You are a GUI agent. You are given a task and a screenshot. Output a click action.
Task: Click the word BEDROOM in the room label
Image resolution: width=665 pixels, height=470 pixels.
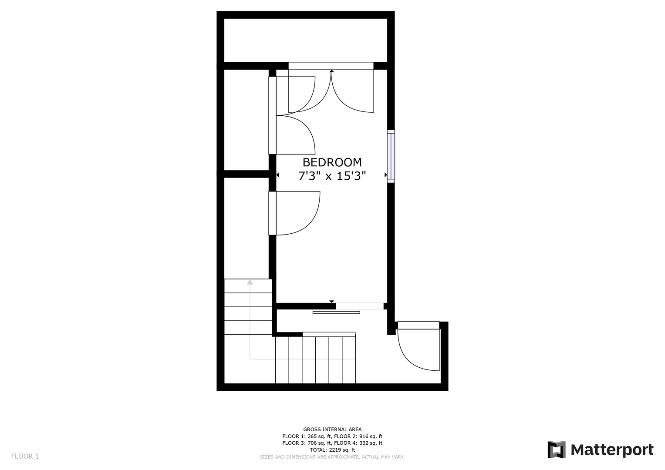[332, 163]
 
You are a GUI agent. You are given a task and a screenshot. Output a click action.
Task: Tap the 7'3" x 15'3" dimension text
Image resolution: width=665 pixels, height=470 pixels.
[332, 176]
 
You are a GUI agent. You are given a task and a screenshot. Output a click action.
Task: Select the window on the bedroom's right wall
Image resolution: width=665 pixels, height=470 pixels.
[391, 156]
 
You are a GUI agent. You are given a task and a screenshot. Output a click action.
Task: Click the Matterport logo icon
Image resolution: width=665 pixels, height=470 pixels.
[556, 450]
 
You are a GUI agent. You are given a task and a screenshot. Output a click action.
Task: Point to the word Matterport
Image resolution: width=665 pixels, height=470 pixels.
[612, 450]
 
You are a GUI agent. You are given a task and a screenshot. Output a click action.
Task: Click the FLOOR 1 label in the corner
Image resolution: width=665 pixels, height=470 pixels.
[25, 457]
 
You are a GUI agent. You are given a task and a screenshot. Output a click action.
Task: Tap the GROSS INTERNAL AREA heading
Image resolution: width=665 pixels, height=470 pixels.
[332, 430]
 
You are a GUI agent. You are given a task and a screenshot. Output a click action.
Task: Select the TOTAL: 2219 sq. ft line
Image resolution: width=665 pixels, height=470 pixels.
[332, 450]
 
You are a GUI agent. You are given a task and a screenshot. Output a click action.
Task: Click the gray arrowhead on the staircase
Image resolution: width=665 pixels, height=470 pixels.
[250, 282]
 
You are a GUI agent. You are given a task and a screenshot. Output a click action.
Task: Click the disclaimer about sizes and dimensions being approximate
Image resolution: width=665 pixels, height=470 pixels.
[332, 457]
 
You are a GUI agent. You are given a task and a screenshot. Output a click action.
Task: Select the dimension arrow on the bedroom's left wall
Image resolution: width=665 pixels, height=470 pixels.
[277, 175]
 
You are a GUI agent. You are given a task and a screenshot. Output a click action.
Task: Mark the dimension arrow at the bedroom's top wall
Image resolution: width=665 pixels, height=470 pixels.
[331, 71]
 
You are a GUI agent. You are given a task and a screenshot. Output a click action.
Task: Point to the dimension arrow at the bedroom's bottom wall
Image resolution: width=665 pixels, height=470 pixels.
[331, 302]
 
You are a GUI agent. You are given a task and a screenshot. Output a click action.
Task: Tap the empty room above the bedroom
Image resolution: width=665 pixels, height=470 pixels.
[305, 40]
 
